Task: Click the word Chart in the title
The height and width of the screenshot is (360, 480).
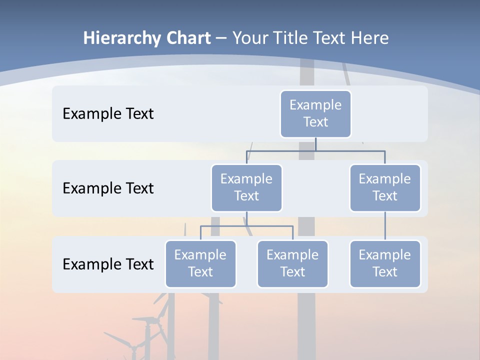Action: [x=188, y=38]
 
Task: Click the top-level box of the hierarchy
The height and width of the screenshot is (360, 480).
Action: [x=315, y=114]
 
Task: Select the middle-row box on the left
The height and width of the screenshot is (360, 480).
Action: [x=246, y=188]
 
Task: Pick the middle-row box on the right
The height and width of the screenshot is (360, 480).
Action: [x=385, y=188]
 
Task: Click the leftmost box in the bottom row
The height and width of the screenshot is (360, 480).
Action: [x=200, y=264]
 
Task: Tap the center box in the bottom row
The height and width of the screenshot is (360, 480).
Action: [x=292, y=264]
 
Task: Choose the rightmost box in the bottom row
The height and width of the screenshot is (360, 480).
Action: [x=385, y=264]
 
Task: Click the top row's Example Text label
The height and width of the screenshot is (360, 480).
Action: [x=108, y=114]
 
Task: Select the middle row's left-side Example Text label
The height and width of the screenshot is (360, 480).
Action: [x=108, y=188]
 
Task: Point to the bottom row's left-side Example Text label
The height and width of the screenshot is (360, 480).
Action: [x=108, y=264]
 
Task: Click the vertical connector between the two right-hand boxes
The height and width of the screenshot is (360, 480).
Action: [x=385, y=226]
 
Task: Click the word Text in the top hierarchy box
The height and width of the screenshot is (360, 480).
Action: [x=315, y=122]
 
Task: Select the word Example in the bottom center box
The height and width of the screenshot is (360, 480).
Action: [x=292, y=255]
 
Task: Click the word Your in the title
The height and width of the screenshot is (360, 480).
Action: [x=247, y=38]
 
